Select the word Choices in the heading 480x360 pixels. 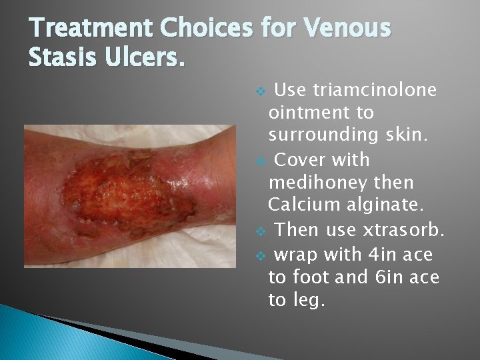pos(207,29)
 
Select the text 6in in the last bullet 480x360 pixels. pos(394,277)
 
